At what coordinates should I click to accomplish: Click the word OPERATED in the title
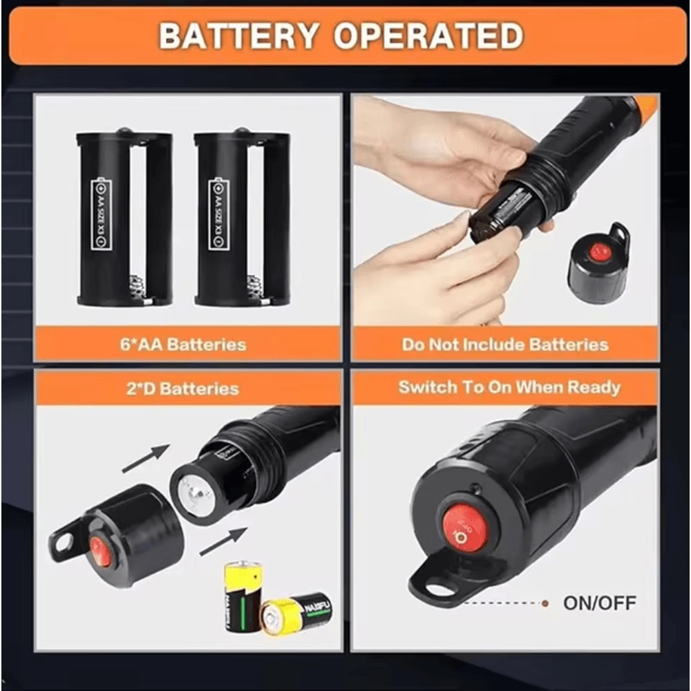(428, 36)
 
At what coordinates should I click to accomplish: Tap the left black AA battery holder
(124, 218)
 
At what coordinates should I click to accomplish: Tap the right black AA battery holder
(242, 218)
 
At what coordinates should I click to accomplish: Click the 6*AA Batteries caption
(182, 344)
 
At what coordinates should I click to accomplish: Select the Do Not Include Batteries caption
(505, 344)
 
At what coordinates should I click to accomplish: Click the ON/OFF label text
(600, 603)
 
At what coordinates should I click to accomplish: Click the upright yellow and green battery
(243, 594)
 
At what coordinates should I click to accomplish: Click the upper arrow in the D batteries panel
(146, 459)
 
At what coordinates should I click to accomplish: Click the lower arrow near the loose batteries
(223, 541)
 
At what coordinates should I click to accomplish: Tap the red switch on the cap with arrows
(100, 551)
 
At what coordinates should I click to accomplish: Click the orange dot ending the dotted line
(545, 603)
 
